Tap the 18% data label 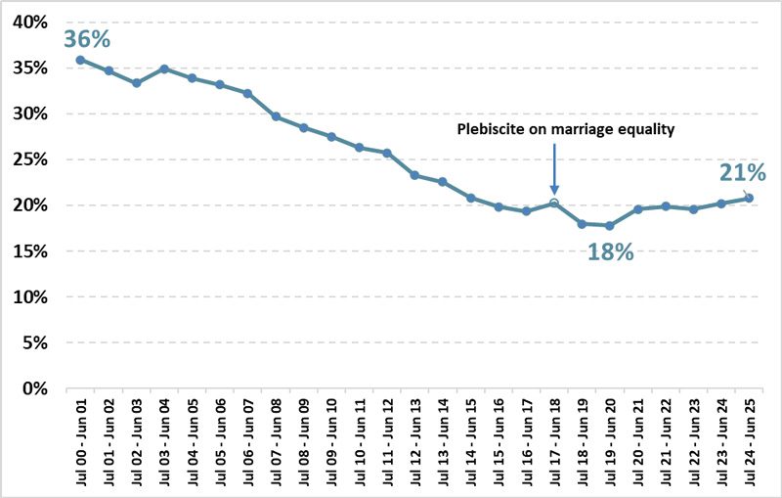[610, 251]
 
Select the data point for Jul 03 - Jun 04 [164, 68]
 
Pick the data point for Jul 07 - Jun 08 [276, 116]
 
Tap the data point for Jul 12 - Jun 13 [414, 175]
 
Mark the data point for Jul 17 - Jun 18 [554, 203]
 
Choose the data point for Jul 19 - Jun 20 [610, 225]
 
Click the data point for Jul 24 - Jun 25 [749, 198]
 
